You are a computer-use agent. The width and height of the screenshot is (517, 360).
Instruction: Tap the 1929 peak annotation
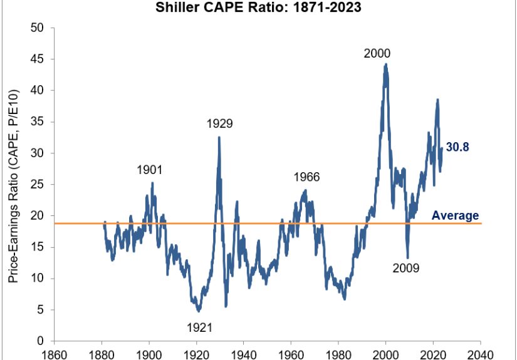coord(219,123)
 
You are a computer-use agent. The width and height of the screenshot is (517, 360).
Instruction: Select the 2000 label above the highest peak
coord(377,53)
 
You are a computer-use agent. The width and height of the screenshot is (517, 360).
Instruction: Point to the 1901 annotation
coord(150,170)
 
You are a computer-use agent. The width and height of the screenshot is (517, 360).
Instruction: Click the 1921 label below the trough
coord(199,326)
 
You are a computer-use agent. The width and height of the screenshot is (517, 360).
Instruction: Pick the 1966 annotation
coord(306,177)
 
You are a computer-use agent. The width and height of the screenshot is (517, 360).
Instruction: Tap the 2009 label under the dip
coord(406,269)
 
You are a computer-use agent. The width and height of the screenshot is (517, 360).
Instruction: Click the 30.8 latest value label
coord(457,148)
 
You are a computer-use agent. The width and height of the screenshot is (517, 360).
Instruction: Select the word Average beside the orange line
coord(455,216)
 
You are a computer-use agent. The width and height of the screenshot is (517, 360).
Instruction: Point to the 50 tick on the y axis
coord(38,28)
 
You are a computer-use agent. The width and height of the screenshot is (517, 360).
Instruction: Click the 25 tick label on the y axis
coord(38,185)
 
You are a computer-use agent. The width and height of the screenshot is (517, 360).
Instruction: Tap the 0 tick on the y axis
coord(41,341)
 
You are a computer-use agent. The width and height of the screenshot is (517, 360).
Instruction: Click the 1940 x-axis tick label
coord(244,354)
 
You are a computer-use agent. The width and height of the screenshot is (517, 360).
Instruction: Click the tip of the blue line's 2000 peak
coord(386,64)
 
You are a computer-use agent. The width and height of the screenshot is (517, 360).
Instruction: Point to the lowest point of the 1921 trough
coord(199,311)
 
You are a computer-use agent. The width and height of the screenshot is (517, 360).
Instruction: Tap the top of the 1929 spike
coord(219,137)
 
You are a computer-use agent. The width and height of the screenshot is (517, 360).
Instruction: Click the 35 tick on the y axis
coord(38,122)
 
